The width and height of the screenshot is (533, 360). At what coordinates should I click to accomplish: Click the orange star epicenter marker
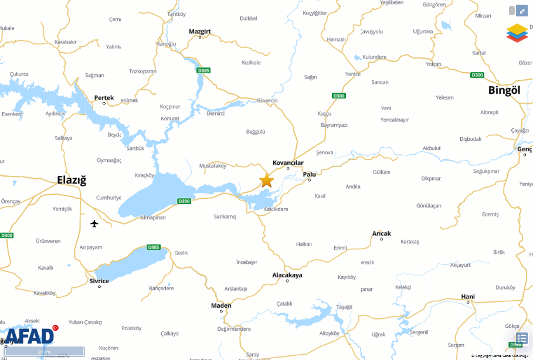click(266, 180)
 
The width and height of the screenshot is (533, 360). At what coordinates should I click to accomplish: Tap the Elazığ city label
click(71, 180)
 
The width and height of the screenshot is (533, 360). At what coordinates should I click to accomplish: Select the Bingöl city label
click(504, 90)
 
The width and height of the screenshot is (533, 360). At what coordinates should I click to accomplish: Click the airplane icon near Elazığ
click(94, 223)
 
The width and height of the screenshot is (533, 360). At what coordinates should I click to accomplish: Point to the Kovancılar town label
click(288, 162)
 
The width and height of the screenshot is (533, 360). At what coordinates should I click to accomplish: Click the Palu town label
click(309, 174)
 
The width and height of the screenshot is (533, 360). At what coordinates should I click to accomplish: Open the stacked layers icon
click(517, 33)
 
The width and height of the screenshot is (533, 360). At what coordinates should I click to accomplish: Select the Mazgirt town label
click(199, 31)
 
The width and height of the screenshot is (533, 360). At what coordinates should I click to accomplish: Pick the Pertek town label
click(104, 98)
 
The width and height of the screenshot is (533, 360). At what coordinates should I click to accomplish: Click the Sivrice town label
click(99, 281)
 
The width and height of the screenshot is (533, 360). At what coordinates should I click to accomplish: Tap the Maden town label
click(221, 305)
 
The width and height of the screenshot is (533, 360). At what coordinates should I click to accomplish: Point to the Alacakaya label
click(287, 275)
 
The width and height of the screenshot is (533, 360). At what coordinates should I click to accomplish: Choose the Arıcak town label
click(381, 233)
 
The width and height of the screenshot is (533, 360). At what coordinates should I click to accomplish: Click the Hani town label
click(467, 297)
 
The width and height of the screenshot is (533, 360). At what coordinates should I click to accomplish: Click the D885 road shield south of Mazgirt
click(203, 70)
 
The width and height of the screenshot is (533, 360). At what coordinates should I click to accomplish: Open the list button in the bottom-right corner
click(521, 339)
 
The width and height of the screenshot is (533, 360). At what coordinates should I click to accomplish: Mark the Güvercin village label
click(267, 101)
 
